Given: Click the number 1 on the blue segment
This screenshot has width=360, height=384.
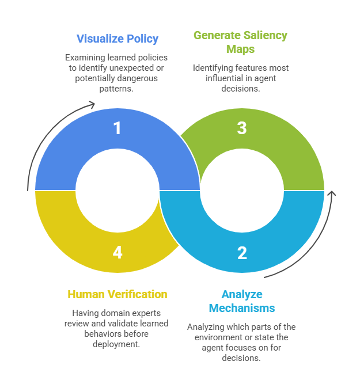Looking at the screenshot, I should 118,127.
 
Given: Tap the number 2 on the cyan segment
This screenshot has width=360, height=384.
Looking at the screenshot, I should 242,252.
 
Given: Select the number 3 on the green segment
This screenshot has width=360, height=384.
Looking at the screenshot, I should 242,127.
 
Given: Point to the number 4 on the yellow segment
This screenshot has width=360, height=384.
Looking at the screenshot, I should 118,252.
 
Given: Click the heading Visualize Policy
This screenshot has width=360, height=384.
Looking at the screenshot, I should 118,39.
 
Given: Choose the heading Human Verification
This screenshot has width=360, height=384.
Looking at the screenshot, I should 118,294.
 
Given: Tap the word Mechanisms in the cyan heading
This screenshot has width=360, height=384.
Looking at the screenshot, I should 241,307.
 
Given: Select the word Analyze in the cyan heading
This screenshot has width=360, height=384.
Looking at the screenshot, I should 242,295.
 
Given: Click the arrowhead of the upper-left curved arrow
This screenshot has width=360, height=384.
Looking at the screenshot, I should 92,104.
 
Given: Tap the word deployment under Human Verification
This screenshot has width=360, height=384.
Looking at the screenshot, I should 118,344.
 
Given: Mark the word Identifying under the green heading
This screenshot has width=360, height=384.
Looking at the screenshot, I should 215,68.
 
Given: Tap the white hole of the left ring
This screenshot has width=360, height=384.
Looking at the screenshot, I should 118,190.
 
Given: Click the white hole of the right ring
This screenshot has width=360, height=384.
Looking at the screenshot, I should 242,190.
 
